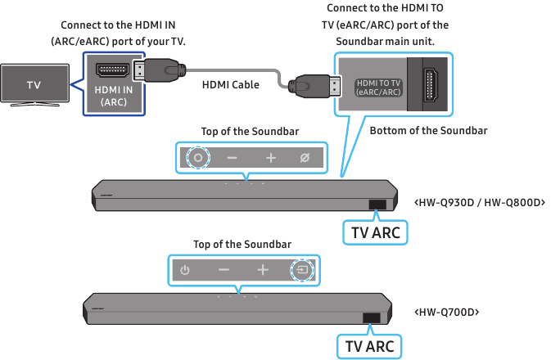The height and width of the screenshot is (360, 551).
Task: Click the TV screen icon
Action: click(x=34, y=84)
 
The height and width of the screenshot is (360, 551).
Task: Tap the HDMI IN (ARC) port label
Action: click(x=114, y=96)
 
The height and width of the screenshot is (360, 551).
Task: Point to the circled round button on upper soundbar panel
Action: click(x=197, y=158)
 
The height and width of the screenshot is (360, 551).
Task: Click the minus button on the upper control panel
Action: click(x=233, y=158)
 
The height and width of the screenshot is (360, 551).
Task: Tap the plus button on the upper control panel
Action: click(x=270, y=158)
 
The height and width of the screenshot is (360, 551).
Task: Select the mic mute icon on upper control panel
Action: click(x=305, y=158)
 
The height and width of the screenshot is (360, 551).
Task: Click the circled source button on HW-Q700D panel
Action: click(x=302, y=270)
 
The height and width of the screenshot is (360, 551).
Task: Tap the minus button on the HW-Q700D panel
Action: click(x=224, y=270)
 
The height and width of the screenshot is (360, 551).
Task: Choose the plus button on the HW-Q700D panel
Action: click(x=262, y=270)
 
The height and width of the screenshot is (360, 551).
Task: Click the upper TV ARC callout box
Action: click(x=375, y=233)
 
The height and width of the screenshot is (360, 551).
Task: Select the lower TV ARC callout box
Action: click(x=369, y=346)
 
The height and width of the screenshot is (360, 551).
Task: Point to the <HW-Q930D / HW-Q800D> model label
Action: click(x=480, y=202)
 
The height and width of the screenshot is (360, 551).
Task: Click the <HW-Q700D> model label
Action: click(x=446, y=313)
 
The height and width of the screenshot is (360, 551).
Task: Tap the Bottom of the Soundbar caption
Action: click(x=428, y=131)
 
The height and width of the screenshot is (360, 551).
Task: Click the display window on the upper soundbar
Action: click(x=377, y=206)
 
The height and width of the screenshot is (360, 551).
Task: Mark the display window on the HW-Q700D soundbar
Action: click(x=371, y=318)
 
